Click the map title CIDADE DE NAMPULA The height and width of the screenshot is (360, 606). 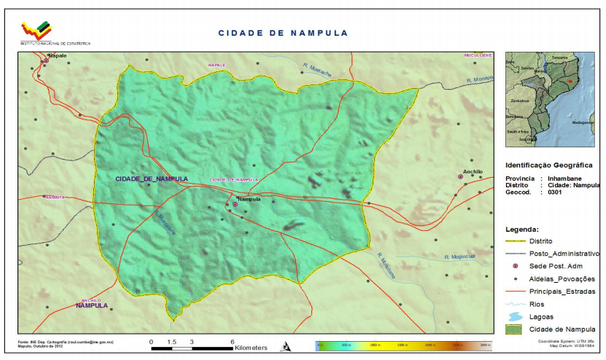coord(283,33)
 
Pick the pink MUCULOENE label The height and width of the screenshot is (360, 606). coord(478,55)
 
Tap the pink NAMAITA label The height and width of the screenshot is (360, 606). coord(55,197)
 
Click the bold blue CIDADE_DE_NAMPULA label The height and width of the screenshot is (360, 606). coord(152,179)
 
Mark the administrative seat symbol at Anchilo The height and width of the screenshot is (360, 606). coord(460,177)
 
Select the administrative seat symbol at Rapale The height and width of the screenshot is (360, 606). coord(46,60)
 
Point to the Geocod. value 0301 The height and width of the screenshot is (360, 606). coord(555,193)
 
